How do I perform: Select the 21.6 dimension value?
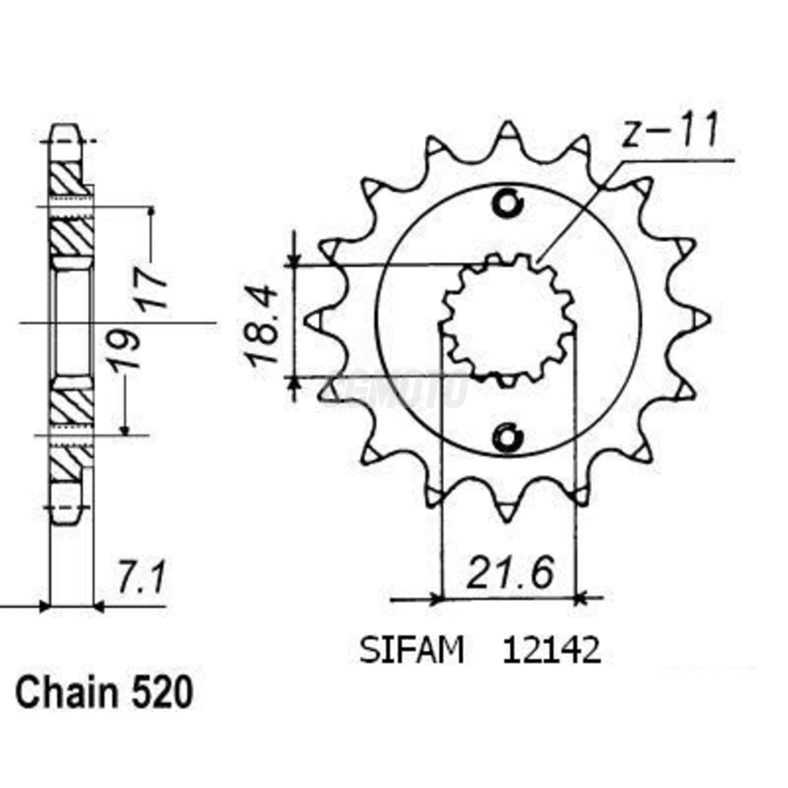point(510,573)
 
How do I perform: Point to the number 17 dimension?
point(151,289)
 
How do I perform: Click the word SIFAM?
point(411,651)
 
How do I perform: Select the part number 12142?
point(552,651)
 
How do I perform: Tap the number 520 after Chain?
point(162,693)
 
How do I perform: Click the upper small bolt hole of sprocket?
point(508,203)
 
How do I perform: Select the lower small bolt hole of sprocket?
point(508,437)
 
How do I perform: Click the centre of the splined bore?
point(508,320)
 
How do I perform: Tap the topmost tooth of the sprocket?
point(508,132)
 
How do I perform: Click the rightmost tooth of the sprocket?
point(701,319)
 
